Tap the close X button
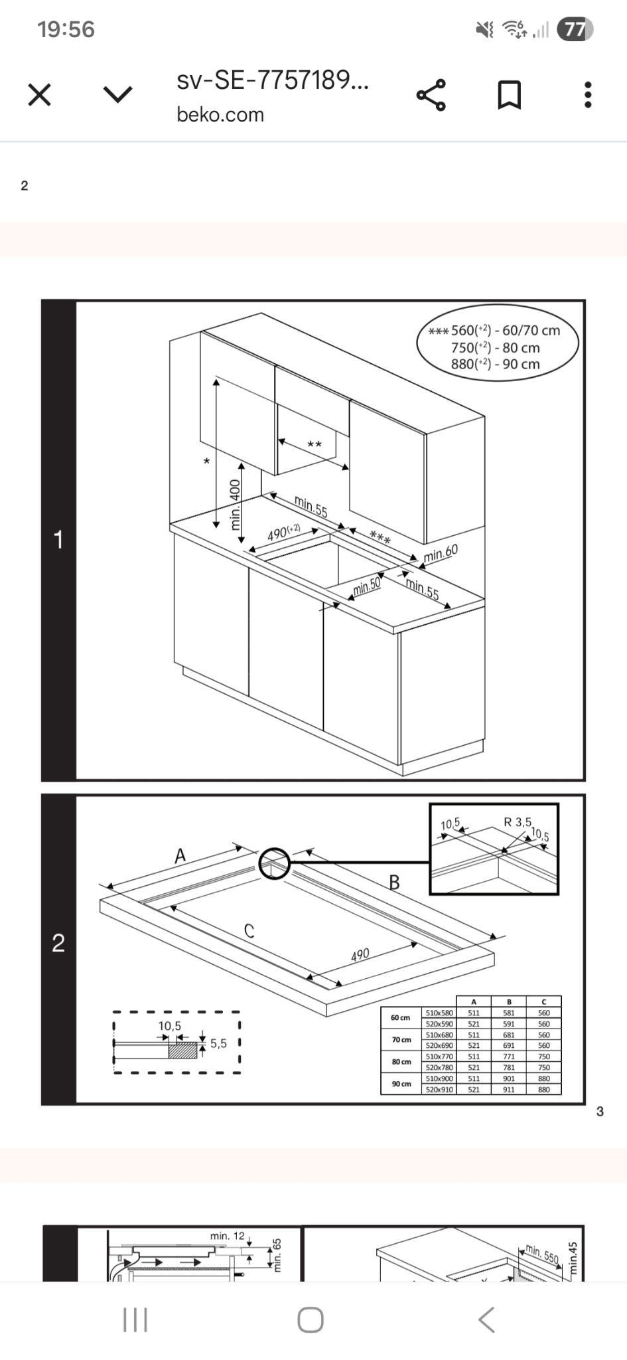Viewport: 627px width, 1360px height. coord(40,95)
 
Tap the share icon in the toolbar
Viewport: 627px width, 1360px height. coord(431,95)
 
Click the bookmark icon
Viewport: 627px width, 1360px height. coord(510,95)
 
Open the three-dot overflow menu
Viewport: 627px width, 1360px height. coord(587,95)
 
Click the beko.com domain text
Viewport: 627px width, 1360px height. coord(220,115)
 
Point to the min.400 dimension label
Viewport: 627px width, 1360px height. coord(234,505)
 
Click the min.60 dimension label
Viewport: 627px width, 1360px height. coord(441,552)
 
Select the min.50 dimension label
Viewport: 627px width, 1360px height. coord(366,586)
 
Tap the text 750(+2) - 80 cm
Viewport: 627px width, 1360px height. coord(495,347)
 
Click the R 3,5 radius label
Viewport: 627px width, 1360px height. coord(518,822)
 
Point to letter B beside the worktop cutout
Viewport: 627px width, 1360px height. coord(394,883)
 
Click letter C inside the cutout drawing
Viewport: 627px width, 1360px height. coord(249,931)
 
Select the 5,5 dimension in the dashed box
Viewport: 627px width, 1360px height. coord(218,1043)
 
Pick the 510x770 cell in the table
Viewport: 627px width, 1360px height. coord(439,1056)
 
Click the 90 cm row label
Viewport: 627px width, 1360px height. coord(401,1083)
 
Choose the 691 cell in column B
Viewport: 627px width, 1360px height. coord(509,1045)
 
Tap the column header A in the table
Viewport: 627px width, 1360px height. coord(474,1001)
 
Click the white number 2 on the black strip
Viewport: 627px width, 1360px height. coord(58,943)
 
